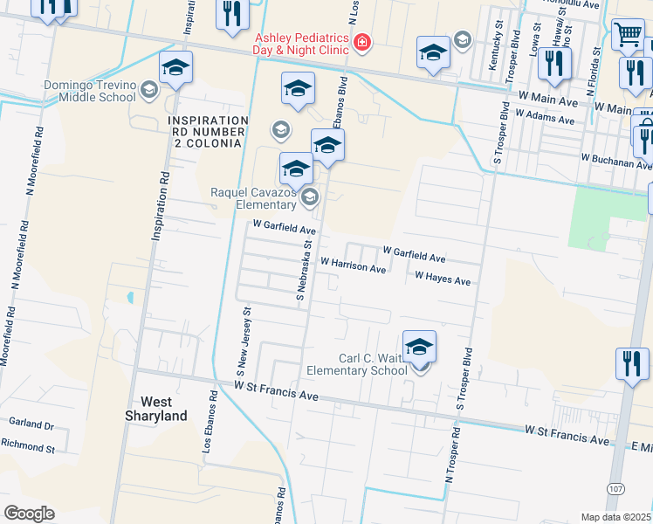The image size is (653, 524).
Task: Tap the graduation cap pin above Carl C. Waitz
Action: coord(419,347)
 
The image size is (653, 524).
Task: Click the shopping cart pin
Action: coord(628,36)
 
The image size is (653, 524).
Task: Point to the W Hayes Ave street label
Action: coord(443,280)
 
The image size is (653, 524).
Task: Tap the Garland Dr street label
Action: coord(31,424)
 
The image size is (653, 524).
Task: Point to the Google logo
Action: coord(29,514)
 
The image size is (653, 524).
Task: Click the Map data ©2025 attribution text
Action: coord(616,517)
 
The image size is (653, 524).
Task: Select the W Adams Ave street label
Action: coord(547,114)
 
